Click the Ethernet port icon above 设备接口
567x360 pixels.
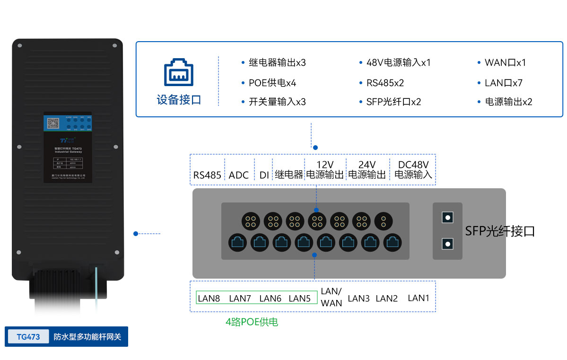pos(179,72)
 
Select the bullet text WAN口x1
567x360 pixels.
pos(505,62)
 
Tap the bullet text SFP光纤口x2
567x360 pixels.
pos(393,102)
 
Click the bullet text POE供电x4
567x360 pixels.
pos(272,83)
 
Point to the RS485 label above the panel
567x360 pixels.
pos(207,175)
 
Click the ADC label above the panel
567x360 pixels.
pos(239,175)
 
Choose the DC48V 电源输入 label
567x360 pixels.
pos(413,169)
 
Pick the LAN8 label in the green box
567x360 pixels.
pos(209,298)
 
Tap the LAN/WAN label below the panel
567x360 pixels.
pos(331,297)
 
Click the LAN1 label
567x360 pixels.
pos(419,298)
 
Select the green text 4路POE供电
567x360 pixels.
pos(252,322)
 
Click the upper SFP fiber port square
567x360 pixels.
pos(447,217)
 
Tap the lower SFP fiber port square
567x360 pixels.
pos(447,244)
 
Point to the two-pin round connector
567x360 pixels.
pos(384,220)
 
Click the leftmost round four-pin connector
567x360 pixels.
pos(251,220)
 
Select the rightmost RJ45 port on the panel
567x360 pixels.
pos(393,243)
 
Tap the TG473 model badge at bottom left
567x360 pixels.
pos(28,337)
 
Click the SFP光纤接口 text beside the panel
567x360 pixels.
pos(500,231)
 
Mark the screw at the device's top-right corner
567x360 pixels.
pos(115,46)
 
